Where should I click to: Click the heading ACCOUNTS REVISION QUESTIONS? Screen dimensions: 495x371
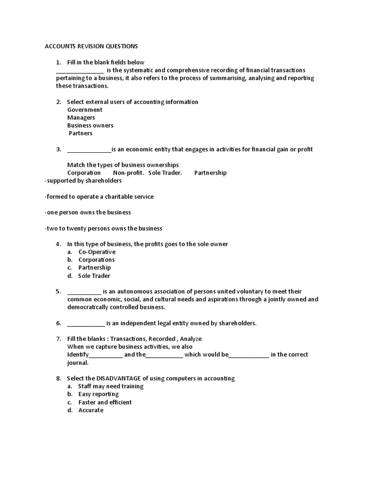pyautogui.click(x=91, y=46)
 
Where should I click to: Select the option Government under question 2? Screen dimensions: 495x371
pyautogui.click(x=85, y=110)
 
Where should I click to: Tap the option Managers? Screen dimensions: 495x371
pyautogui.click(x=81, y=117)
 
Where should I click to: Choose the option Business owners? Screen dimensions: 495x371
pyautogui.click(x=90, y=125)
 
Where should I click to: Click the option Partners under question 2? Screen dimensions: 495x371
pyautogui.click(x=80, y=133)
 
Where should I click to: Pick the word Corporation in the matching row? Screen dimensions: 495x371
pyautogui.click(x=84, y=173)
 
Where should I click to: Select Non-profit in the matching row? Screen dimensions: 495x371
pyautogui.click(x=128, y=173)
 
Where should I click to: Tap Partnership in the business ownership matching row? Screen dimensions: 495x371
pyautogui.click(x=210, y=173)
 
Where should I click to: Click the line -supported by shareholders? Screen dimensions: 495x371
pyautogui.click(x=83, y=180)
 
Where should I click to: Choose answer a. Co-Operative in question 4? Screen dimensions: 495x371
pyautogui.click(x=97, y=252)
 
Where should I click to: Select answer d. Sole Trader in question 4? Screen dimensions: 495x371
pyautogui.click(x=94, y=276)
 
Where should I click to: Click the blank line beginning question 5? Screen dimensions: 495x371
pyautogui.click(x=84, y=292)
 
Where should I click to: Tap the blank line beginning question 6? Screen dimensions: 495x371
pyautogui.click(x=86, y=323)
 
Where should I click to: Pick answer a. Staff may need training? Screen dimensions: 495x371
pyautogui.click(x=111, y=386)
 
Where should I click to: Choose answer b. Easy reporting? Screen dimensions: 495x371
pyautogui.click(x=99, y=394)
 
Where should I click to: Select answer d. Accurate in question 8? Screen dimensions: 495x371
pyautogui.click(x=91, y=410)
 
